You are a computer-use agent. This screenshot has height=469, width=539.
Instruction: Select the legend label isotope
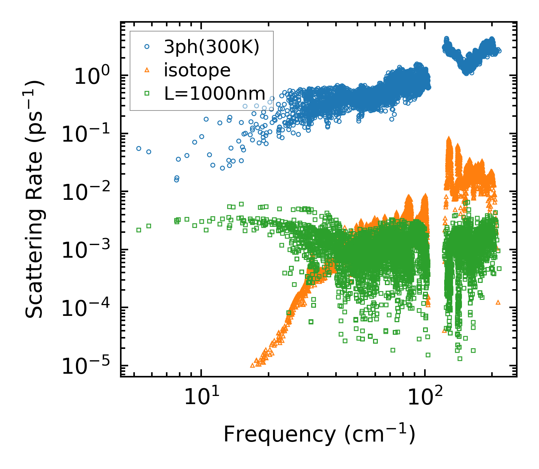point(197,70)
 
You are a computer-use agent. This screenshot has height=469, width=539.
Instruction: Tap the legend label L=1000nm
point(215,94)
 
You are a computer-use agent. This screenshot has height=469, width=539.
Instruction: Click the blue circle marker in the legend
point(147,47)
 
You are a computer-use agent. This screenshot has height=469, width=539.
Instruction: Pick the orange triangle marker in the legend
point(147,70)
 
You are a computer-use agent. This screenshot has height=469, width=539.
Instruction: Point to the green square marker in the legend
point(147,93)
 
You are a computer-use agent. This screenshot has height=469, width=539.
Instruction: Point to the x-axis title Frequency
point(319,435)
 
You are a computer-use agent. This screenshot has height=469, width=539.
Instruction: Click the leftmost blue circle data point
point(139,148)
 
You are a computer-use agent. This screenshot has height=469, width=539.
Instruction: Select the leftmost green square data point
point(139,230)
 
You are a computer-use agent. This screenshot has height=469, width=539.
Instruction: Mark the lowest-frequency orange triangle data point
point(252,365)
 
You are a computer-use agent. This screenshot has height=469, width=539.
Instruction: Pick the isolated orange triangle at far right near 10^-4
point(498,302)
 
